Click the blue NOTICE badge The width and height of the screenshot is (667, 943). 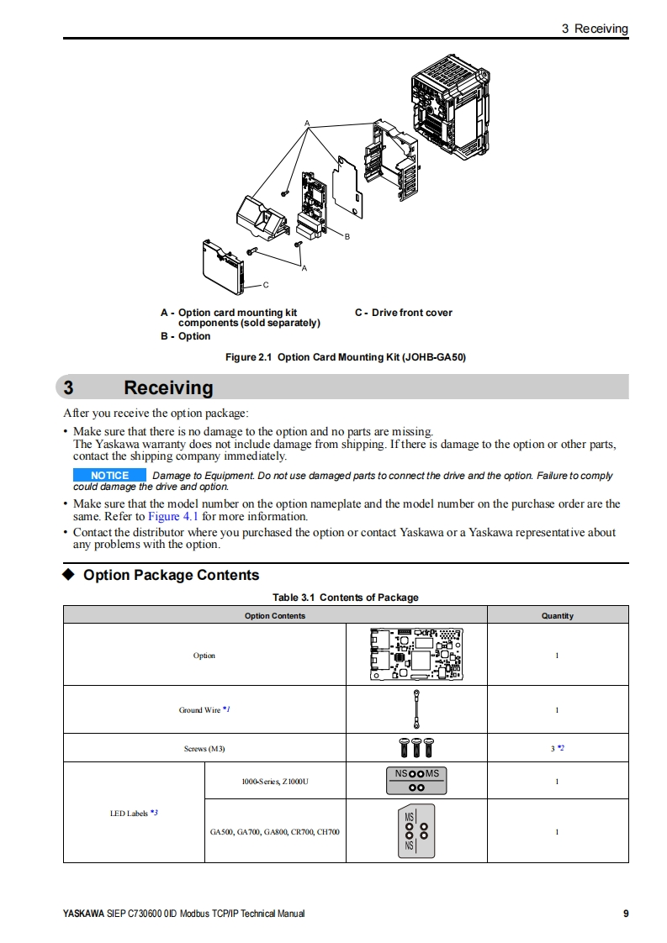click(109, 476)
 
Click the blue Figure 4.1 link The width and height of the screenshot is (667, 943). click(172, 516)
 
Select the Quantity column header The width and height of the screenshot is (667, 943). click(557, 615)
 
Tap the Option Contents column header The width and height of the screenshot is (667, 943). click(275, 615)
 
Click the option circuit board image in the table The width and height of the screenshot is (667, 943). click(416, 654)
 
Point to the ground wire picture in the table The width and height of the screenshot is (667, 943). click(416, 709)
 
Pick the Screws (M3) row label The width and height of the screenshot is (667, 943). click(204, 748)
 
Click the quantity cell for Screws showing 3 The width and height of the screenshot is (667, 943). click(556, 748)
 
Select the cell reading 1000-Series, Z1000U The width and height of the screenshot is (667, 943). click(275, 782)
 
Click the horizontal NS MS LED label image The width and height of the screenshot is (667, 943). click(416, 781)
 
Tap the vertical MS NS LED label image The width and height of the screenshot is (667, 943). click(416, 831)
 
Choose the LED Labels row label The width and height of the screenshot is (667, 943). click(134, 813)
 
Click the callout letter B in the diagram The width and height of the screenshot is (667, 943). click(347, 237)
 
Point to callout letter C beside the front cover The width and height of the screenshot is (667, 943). click(266, 285)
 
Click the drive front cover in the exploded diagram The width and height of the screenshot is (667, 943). click(222, 261)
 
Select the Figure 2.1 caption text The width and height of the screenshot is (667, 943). click(345, 357)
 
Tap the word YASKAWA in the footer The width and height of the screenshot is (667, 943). click(83, 914)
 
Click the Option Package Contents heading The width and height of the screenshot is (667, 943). click(171, 575)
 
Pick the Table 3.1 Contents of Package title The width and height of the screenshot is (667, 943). click(345, 598)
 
